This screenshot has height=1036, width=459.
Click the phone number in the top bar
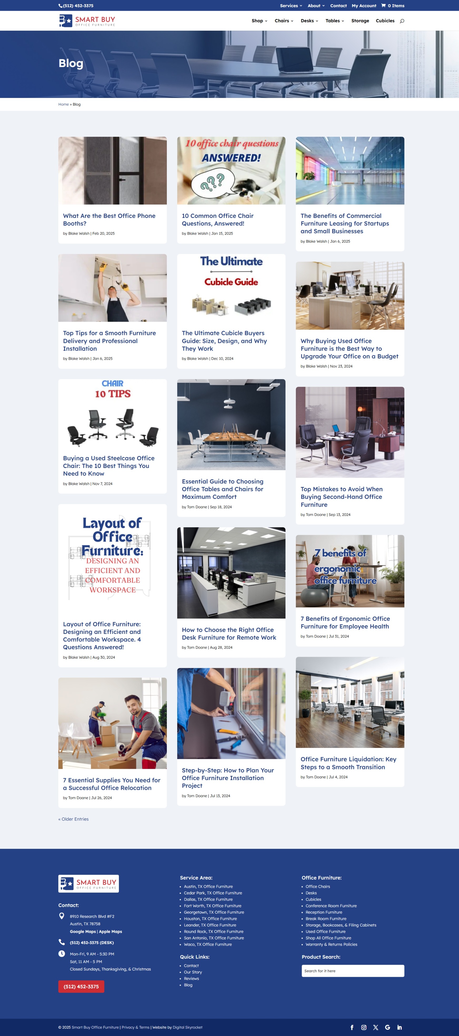click(78, 6)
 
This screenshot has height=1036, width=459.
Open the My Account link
click(364, 6)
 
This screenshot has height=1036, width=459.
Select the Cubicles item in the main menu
click(385, 21)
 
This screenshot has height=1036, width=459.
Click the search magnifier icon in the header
click(402, 21)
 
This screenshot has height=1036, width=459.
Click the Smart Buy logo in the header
click(87, 21)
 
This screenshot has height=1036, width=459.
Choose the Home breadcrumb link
click(63, 105)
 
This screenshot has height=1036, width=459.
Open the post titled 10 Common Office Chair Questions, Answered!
click(217, 220)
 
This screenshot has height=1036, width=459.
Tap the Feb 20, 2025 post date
click(103, 234)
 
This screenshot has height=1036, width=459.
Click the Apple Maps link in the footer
click(111, 931)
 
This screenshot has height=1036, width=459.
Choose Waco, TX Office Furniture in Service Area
click(208, 944)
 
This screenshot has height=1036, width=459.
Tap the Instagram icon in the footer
click(364, 1027)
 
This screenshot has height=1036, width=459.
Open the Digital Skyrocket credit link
click(187, 1027)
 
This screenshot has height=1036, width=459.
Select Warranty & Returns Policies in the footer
click(331, 944)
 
